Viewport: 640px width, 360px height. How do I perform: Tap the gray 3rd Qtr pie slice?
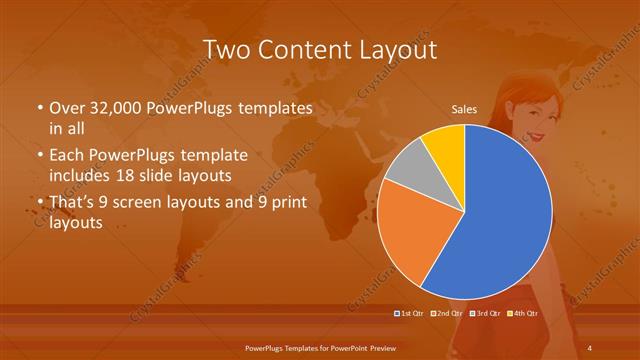(x=409, y=169)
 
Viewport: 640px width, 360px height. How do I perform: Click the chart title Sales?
(x=464, y=110)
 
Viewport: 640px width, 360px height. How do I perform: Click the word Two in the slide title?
(x=230, y=50)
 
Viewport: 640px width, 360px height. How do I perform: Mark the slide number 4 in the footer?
(x=590, y=347)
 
